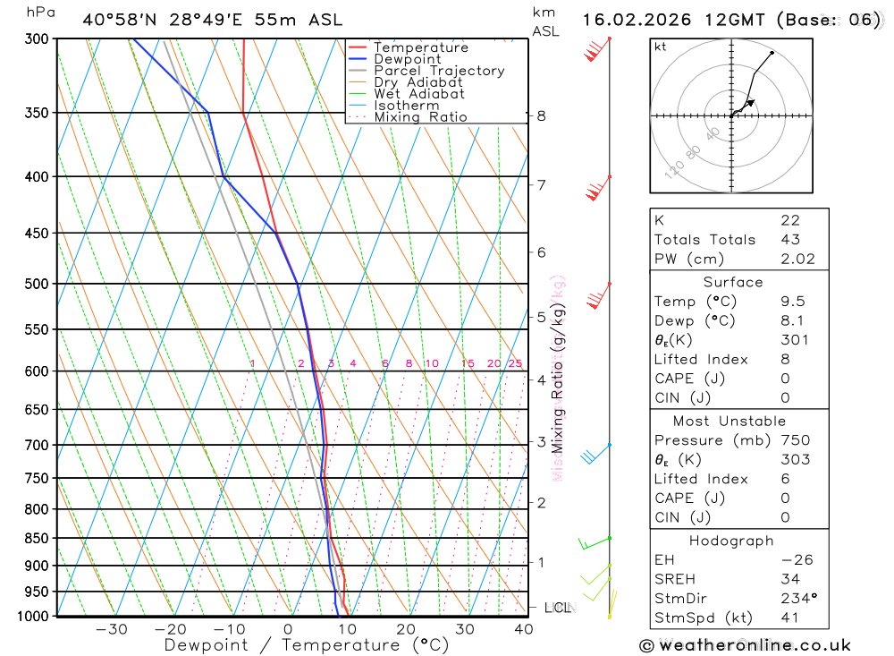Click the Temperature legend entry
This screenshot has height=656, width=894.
coord(420,47)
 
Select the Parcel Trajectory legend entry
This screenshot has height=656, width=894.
coord(439,71)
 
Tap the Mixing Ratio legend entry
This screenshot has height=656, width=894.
coord(420,117)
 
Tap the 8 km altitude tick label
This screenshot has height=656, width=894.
coord(541,115)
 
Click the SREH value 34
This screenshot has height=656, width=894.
coord(789,579)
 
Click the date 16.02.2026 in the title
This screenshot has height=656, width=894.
coord(631,20)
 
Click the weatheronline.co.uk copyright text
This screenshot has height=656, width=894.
coord(745,644)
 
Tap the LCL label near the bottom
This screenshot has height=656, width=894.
coord(557,609)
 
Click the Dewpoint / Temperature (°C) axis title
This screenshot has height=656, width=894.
coord(306,645)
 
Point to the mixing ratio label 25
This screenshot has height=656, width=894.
coord(515,363)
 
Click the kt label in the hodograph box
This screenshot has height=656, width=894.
coord(661,47)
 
